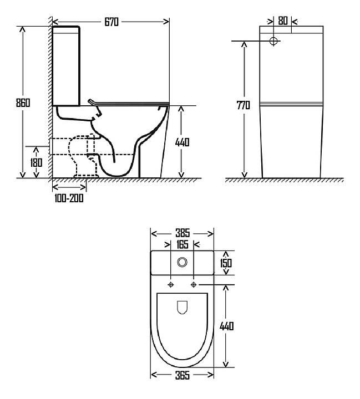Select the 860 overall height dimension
[x=23, y=103]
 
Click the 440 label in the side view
[x=182, y=142]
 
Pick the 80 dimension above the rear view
[x=282, y=21]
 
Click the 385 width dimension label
[x=182, y=233]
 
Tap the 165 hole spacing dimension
[x=182, y=244]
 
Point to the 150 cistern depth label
[x=226, y=263]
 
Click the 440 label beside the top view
[x=226, y=326]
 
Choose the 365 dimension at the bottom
[x=182, y=376]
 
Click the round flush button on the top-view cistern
[x=182, y=262]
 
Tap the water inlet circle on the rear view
[x=274, y=41]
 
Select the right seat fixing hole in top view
[x=193, y=285]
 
